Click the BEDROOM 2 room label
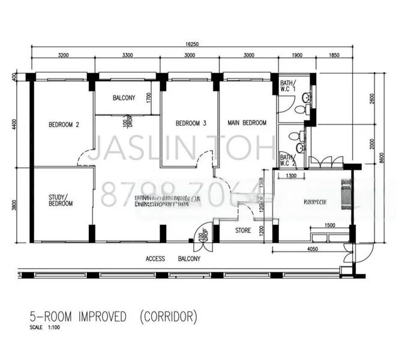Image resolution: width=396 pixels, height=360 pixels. tap(64, 125)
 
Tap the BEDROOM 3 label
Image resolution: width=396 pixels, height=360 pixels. tap(191, 124)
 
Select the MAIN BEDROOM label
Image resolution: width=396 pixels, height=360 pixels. tap(247, 123)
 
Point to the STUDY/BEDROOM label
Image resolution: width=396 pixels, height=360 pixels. tap(61, 200)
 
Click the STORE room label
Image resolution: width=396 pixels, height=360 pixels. tap(243, 230)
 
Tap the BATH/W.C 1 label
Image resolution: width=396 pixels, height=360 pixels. tap(287, 86)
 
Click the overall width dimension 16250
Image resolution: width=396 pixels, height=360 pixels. tap(192, 44)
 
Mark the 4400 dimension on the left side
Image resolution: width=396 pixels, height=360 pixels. tap(14, 124)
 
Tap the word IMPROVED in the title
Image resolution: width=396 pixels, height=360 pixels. tap(92, 316)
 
